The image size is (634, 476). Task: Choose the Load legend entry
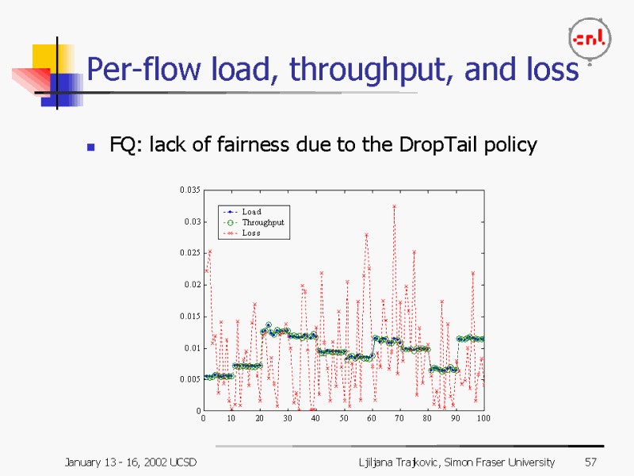pos(251,212)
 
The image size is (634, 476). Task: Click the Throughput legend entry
pos(262,222)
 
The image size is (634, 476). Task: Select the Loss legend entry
pos(251,233)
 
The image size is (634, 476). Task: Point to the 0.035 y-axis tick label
pos(189,190)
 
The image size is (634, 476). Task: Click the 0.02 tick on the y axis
pos(192,284)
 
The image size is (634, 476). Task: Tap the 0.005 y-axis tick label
pos(189,379)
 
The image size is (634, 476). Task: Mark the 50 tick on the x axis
pos(344,418)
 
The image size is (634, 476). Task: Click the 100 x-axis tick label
pos(483,418)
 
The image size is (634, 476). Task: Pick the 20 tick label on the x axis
pos(259,418)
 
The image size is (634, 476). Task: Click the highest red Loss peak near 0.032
pos(394,206)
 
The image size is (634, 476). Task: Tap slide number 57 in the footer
pos(590,462)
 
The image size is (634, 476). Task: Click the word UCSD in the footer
pos(183,462)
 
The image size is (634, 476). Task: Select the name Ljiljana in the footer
pos(377,462)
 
